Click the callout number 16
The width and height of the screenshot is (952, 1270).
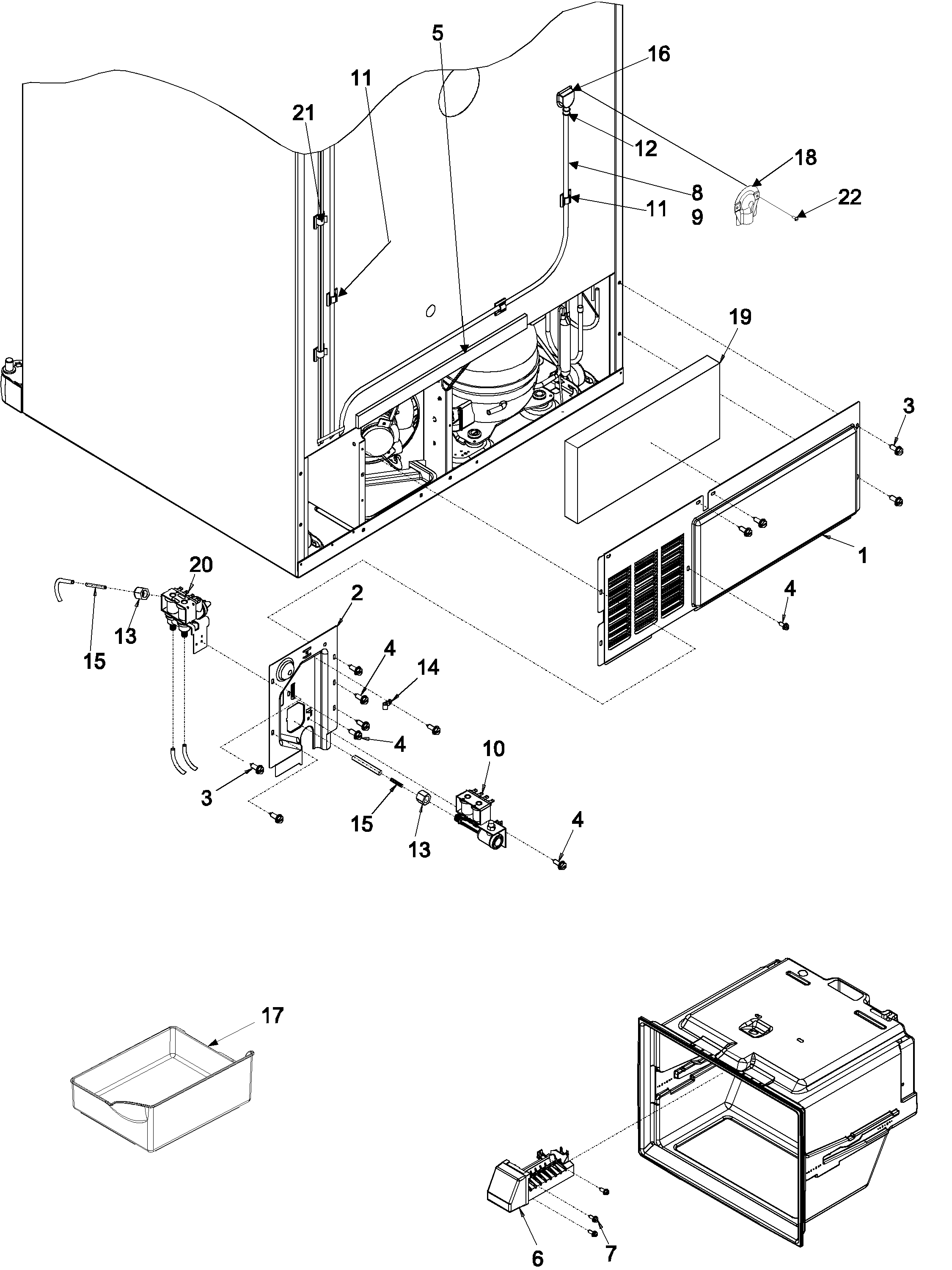point(659,54)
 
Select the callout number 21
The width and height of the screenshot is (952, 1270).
point(303,113)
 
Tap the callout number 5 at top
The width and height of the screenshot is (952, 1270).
point(437,33)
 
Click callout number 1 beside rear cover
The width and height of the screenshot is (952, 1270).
point(862,555)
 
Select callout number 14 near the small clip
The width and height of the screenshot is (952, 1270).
point(428,667)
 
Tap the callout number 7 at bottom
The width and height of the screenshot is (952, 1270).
point(610,1249)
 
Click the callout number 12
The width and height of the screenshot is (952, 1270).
point(646,148)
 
